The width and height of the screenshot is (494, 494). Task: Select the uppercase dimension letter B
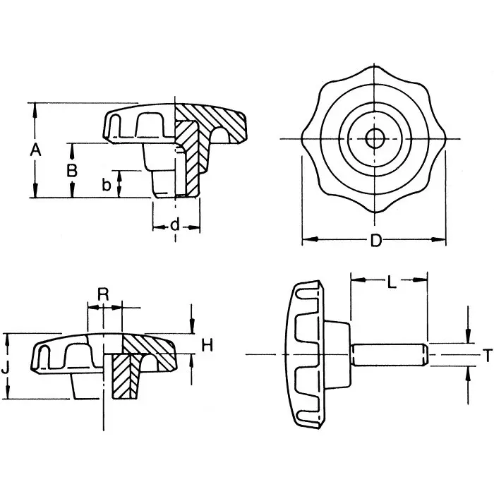pyautogui.click(x=71, y=170)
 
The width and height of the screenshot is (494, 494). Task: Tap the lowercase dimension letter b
pyautogui.click(x=106, y=184)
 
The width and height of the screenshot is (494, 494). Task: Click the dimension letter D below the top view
pyautogui.click(x=376, y=241)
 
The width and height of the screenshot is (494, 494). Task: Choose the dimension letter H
pyautogui.click(x=207, y=344)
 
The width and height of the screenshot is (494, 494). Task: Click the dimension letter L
pyautogui.click(x=392, y=284)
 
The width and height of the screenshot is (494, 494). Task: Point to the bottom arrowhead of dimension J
pyautogui.click(x=8, y=394)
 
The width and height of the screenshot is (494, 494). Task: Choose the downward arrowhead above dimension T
pyautogui.click(x=467, y=338)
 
